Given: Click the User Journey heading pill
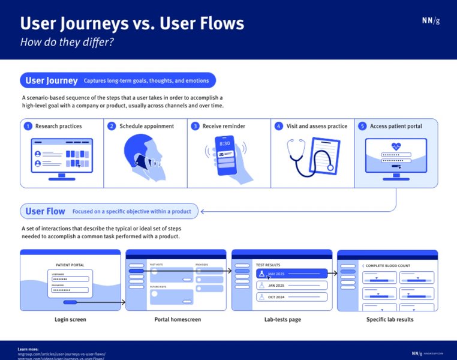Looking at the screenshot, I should click(52, 80).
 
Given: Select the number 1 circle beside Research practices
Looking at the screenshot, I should click(28, 127).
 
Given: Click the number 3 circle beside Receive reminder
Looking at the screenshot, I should click(195, 127).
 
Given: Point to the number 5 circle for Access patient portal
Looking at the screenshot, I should click(362, 127).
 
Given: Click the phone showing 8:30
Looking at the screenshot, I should click(225, 154).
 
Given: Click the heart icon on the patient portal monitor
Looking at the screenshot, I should click(396, 146).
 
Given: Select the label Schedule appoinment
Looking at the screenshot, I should click(146, 127).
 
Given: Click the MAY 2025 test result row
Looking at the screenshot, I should click(292, 274).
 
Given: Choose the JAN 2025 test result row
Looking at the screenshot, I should click(292, 286).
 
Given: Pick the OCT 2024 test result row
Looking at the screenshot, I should click(292, 297).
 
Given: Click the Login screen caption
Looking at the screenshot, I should click(70, 320).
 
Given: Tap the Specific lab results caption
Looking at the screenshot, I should click(390, 320).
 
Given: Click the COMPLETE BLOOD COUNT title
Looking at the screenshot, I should click(388, 265).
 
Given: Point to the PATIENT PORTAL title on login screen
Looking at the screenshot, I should click(70, 265).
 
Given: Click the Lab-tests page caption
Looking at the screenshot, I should click(282, 320).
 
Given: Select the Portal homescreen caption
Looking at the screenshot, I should click(178, 320).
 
